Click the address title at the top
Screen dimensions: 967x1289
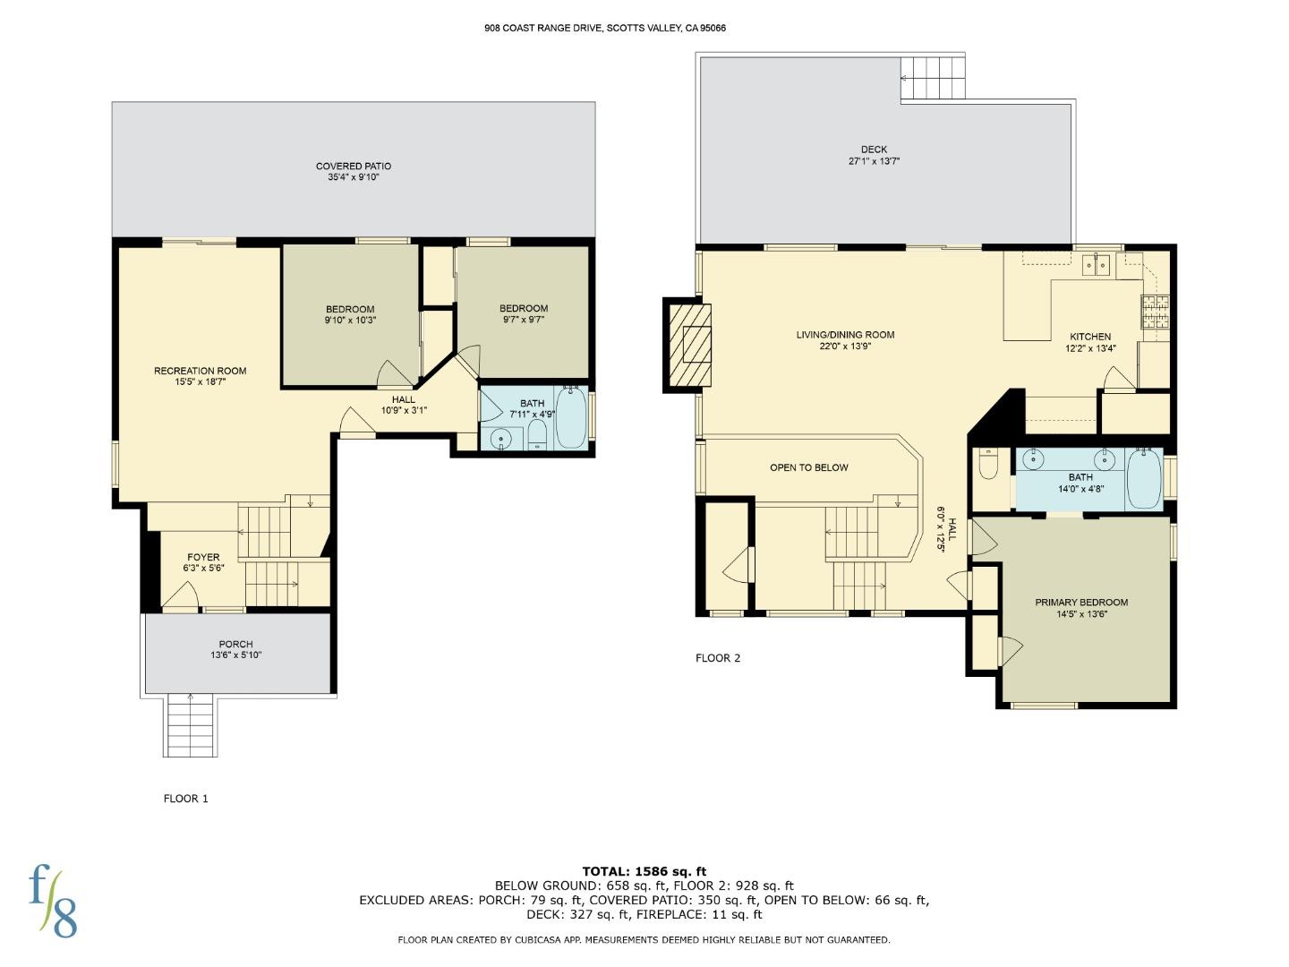tap(605, 28)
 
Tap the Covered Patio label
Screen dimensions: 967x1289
tap(353, 166)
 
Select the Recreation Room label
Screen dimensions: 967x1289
tap(200, 371)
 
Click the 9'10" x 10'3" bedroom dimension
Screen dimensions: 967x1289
tap(349, 321)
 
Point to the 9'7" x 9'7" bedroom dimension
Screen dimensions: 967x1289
tap(523, 320)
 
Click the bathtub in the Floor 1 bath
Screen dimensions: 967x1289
tap(570, 418)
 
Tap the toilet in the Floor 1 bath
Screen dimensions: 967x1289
tap(537, 436)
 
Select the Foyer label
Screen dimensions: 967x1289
tap(203, 557)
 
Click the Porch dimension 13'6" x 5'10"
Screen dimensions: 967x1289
tap(235, 655)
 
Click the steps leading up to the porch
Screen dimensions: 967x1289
tap(191, 725)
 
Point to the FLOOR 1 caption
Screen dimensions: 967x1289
tap(185, 799)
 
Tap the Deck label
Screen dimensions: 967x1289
tap(874, 150)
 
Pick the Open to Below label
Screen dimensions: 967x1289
tap(808, 467)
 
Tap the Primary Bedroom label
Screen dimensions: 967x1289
tap(1081, 603)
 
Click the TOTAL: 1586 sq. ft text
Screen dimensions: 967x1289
tap(644, 871)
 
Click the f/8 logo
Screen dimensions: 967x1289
tap(54, 900)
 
